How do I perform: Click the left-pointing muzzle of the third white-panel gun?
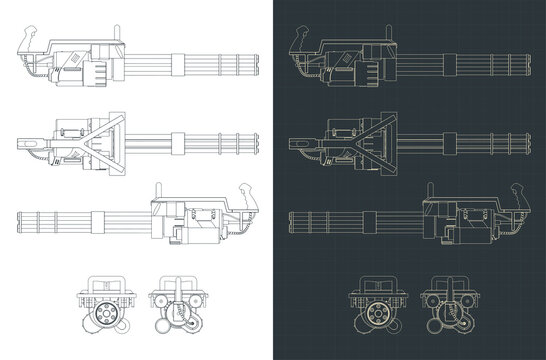pos(19,219)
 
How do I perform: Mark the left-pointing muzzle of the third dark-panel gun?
pos(289,219)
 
